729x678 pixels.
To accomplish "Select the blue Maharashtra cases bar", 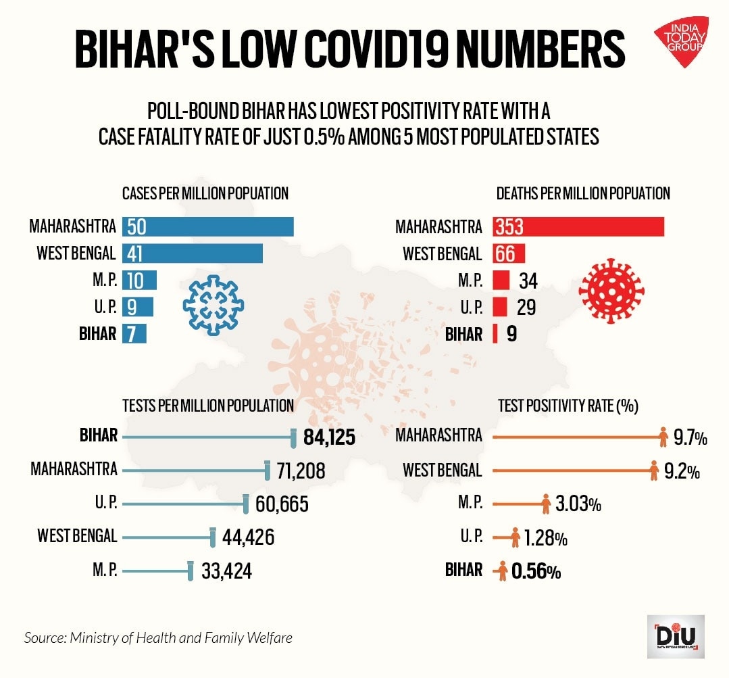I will click(207, 227).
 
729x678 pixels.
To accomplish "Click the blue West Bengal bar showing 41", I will click(193, 253).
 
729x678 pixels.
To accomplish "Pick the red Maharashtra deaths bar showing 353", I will click(578, 227).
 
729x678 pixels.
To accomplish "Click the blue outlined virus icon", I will click(211, 304).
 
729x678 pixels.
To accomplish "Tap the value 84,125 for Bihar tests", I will click(330, 437).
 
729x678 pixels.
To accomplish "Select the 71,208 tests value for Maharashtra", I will click(301, 470).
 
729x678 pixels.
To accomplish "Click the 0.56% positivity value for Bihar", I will click(536, 572).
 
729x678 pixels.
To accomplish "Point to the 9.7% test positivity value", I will click(690, 439).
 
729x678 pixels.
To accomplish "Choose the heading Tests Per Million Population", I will click(208, 405).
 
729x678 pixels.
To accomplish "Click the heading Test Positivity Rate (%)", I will click(568, 405).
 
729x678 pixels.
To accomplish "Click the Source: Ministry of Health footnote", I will click(159, 637).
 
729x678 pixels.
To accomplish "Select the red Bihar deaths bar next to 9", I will click(495, 333).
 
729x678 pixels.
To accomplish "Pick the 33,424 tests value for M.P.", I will click(226, 571).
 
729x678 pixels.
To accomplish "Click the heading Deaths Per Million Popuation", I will click(583, 193).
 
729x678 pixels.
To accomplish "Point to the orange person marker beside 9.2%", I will click(653, 470).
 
